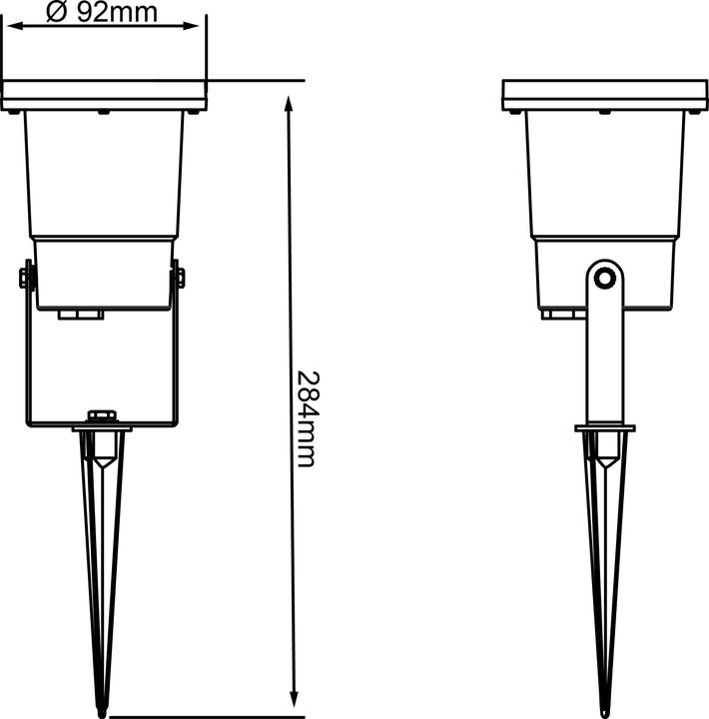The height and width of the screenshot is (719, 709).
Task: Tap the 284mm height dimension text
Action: point(307,418)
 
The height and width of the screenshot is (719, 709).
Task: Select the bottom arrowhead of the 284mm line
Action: point(294,699)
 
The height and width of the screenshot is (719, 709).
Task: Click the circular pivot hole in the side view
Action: point(604,279)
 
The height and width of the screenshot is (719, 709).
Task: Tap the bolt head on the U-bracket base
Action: point(102,415)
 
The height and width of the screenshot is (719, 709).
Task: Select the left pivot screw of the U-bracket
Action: point(26,278)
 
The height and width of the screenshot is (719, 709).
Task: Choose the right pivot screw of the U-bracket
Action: point(180,278)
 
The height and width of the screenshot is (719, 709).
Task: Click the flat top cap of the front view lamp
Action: point(104,95)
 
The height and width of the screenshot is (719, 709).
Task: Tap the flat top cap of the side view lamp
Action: point(604,95)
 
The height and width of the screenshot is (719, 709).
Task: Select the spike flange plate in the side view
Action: point(604,428)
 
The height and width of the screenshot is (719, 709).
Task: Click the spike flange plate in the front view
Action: point(102,428)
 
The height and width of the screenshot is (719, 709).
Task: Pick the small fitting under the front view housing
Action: point(81,315)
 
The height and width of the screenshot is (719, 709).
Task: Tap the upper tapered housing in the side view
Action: point(604,175)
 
